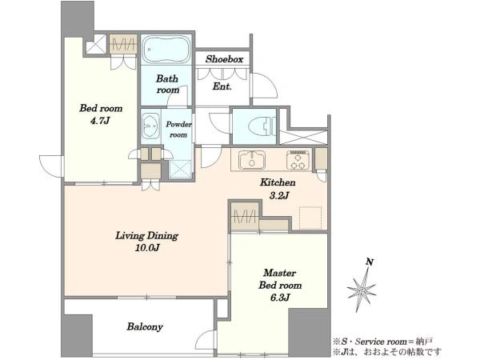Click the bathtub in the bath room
coord(166,50)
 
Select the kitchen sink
coord(252,159)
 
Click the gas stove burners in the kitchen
coord(298,160)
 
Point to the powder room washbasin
coord(150,126)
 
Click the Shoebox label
coord(224,59)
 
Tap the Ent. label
coord(222,86)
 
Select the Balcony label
coord(145,327)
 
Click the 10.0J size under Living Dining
coord(146,248)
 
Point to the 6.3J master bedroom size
coord(280,298)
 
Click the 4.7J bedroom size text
coord(100,121)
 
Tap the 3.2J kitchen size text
coord(278,195)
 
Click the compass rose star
coord(362,290)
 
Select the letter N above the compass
coord(370,262)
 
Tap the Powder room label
coord(178,130)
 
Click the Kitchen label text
coord(278,182)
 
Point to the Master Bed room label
coord(280,279)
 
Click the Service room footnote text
coord(383,342)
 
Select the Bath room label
coord(167,84)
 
